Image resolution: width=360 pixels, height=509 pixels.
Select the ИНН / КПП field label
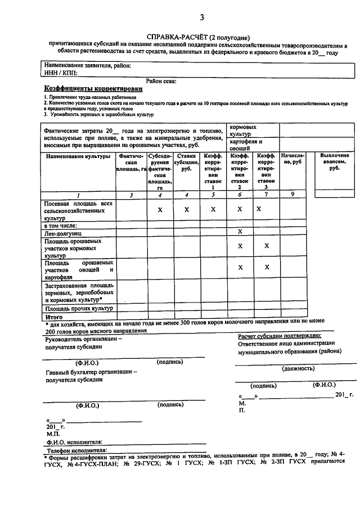(x=60, y=73)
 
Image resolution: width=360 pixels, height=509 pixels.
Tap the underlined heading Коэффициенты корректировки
(x=93, y=89)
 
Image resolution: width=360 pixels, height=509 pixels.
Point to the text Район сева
(x=161, y=81)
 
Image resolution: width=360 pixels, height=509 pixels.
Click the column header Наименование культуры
(x=78, y=156)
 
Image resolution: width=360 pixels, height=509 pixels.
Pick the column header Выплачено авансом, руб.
(x=334, y=161)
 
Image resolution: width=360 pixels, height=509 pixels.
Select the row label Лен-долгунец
(x=64, y=232)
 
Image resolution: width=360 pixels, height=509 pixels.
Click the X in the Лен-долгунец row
(x=240, y=232)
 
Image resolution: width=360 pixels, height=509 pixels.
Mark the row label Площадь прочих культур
(x=79, y=309)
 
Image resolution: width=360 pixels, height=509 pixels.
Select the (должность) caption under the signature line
(x=298, y=368)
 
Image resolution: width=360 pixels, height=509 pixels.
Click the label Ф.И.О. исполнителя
(x=74, y=442)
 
